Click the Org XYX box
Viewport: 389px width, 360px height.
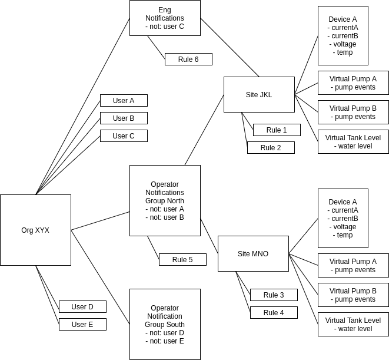(x=35, y=230)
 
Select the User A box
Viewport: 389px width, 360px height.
(x=124, y=100)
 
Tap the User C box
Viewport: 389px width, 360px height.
(x=124, y=136)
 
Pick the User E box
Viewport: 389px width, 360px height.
(x=82, y=324)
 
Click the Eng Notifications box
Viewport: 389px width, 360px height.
(x=165, y=18)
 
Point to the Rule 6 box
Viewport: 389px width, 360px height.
(x=188, y=59)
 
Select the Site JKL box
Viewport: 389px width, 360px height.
(x=259, y=94)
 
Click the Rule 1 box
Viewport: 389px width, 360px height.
(x=277, y=130)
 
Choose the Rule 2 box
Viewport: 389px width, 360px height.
(x=271, y=147)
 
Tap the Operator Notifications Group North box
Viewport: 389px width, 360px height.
(x=165, y=200)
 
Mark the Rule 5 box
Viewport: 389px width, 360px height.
(x=182, y=259)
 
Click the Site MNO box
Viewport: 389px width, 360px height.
(x=253, y=253)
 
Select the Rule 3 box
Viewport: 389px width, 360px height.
(x=274, y=295)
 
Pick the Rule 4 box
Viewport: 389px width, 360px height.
(x=274, y=312)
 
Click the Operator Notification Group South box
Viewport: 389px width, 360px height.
(x=165, y=324)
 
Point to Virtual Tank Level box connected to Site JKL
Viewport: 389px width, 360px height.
(x=353, y=141)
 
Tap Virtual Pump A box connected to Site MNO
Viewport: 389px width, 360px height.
(x=353, y=265)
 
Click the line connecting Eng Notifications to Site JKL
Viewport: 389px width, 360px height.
(x=230, y=47)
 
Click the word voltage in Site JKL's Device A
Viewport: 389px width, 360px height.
(x=344, y=44)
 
